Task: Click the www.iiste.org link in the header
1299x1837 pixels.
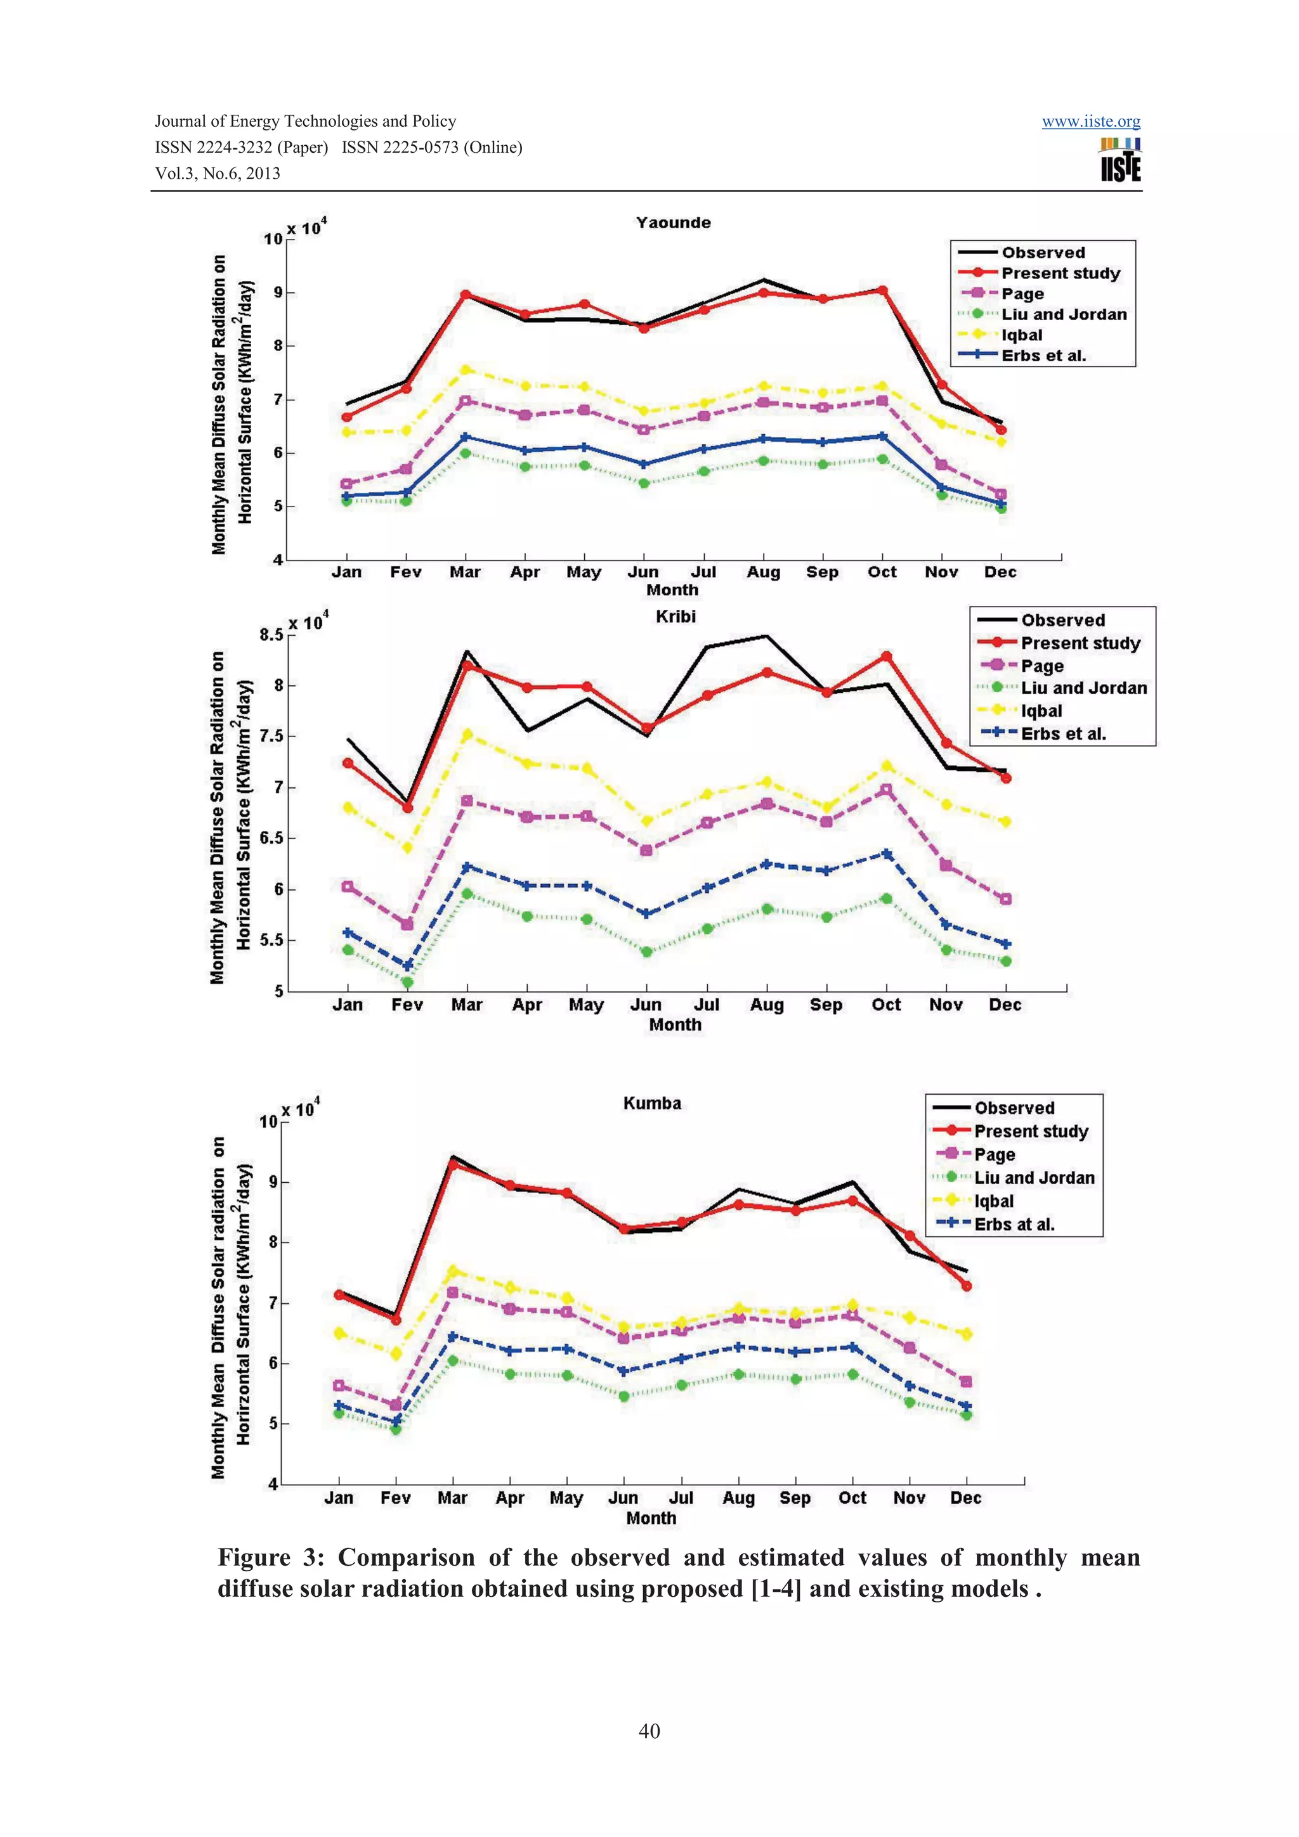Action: click(x=1090, y=122)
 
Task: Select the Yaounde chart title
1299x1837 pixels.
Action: click(x=673, y=223)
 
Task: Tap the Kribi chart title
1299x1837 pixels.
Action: click(x=676, y=616)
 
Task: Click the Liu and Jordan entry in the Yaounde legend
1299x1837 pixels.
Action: click(x=1063, y=314)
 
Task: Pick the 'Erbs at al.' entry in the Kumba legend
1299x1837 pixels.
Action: click(x=1014, y=1224)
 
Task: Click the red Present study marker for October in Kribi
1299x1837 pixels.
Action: click(x=886, y=657)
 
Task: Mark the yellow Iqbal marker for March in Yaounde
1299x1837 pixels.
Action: click(x=465, y=370)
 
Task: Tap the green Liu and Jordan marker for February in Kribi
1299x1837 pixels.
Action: click(x=407, y=982)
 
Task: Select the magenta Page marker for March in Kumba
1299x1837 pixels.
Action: click(x=452, y=1292)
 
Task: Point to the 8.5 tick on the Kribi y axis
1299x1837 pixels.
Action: click(x=271, y=635)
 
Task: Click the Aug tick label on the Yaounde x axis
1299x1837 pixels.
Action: click(x=763, y=572)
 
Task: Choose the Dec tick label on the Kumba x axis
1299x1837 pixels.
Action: click(x=965, y=1498)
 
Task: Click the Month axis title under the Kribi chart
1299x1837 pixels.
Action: click(x=675, y=1025)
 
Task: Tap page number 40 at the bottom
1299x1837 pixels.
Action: click(x=649, y=1731)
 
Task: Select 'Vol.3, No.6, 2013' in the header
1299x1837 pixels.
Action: click(x=218, y=174)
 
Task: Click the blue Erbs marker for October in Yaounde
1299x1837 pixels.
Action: click(x=882, y=436)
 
